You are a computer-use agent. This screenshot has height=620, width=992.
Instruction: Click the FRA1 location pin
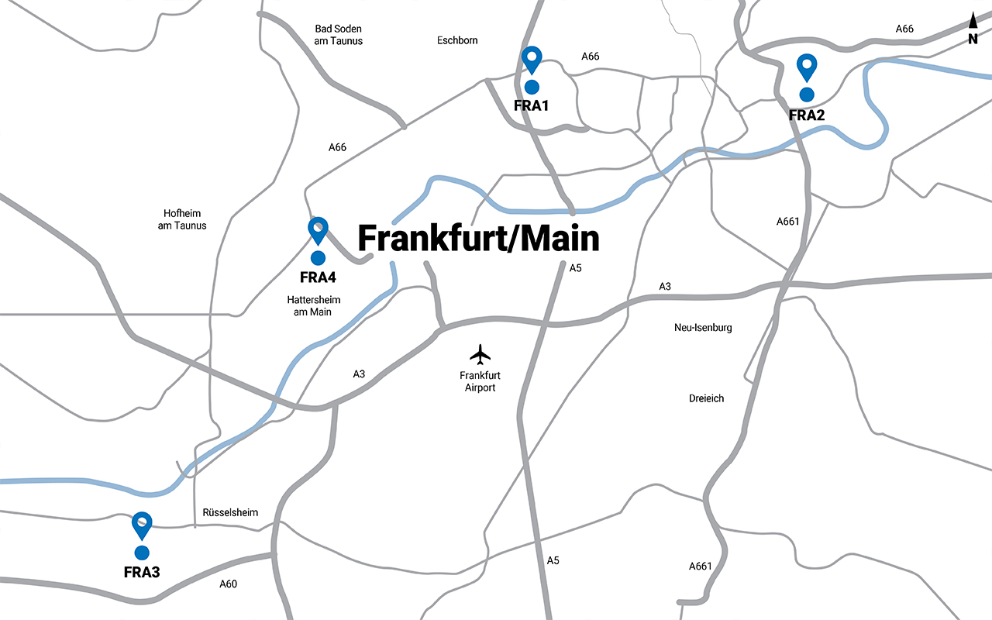pyautogui.click(x=531, y=59)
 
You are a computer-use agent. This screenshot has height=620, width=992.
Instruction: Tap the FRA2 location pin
pyautogui.click(x=807, y=67)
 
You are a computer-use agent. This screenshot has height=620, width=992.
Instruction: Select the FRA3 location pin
pyautogui.click(x=142, y=525)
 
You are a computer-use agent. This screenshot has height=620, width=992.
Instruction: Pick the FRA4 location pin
pyautogui.click(x=318, y=229)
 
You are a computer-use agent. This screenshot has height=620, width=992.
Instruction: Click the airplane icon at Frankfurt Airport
pyautogui.click(x=480, y=354)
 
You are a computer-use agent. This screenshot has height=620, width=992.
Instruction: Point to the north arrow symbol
pyautogui.click(x=973, y=22)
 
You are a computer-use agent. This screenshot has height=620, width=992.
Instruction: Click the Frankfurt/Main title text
pyautogui.click(x=478, y=239)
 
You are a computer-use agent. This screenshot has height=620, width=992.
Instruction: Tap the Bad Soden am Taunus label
pyautogui.click(x=339, y=35)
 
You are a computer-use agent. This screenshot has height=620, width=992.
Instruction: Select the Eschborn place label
pyautogui.click(x=457, y=40)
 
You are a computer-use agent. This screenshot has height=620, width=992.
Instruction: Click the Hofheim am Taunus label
pyautogui.click(x=185, y=219)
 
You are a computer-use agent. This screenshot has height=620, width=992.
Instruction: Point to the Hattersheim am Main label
pyautogui.click(x=313, y=305)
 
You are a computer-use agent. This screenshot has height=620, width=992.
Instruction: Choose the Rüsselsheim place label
pyautogui.click(x=230, y=512)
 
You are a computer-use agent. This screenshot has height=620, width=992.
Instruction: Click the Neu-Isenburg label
pyautogui.click(x=703, y=328)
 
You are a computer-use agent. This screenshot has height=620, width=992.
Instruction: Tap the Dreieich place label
pyautogui.click(x=706, y=398)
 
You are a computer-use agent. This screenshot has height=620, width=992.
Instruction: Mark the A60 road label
pyautogui.click(x=228, y=584)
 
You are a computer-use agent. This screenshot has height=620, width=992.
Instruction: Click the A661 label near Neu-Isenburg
pyautogui.click(x=787, y=222)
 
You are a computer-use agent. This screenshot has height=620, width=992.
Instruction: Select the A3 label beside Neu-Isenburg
pyautogui.click(x=665, y=287)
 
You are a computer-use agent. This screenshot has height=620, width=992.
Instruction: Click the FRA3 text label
pyautogui.click(x=142, y=573)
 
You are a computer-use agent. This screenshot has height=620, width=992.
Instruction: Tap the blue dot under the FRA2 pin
pyautogui.click(x=807, y=95)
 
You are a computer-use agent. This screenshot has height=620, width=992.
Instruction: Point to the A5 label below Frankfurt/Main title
pyautogui.click(x=575, y=268)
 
